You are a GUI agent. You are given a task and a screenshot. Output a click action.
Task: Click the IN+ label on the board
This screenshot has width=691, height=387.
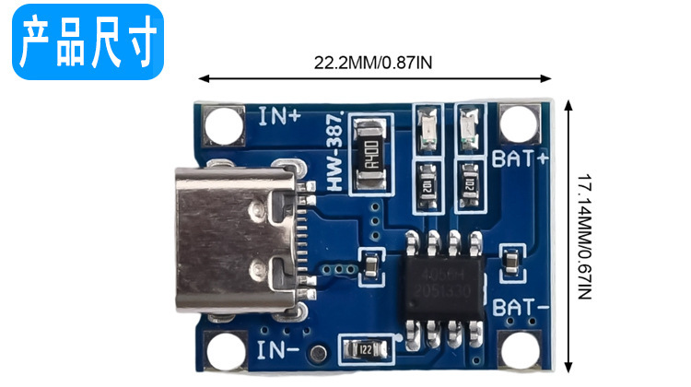point(278,117)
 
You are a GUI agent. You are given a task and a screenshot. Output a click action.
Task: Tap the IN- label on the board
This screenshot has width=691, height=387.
point(278,349)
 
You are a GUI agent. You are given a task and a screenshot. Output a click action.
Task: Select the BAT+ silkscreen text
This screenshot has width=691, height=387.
point(521,158)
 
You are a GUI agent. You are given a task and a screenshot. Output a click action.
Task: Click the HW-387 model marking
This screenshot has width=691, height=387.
point(335,153)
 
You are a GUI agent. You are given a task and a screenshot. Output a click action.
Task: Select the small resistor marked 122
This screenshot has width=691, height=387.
point(365,349)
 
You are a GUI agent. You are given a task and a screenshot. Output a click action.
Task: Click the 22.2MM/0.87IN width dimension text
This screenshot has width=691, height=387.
point(372,63)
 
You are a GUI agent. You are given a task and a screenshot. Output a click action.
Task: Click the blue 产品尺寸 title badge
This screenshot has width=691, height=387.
point(88,41)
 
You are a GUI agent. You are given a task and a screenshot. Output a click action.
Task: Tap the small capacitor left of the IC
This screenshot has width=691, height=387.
point(370,264)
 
